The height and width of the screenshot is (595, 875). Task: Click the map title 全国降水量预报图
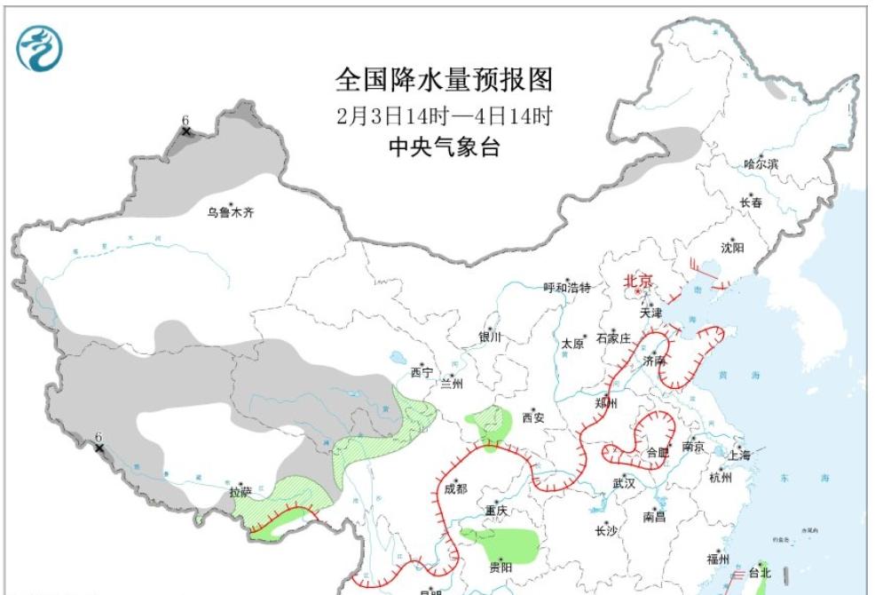coord(443,80)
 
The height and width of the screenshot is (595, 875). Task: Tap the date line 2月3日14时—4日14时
coord(444,115)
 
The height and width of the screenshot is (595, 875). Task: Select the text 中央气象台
coord(444,147)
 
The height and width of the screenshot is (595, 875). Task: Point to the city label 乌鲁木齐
coord(230,212)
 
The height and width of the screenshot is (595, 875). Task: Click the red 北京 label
coord(638,282)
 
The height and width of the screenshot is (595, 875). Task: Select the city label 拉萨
coord(240,492)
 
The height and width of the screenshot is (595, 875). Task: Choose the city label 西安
coord(532,416)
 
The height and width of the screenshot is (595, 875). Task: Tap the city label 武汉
coord(623,483)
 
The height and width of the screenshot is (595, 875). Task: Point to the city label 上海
coord(738,455)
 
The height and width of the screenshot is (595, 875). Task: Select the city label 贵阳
coord(500,567)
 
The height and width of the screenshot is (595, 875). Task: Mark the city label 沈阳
coord(732,248)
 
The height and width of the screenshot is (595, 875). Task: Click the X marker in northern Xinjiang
coord(186,131)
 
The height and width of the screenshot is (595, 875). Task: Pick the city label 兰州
coord(452,385)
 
